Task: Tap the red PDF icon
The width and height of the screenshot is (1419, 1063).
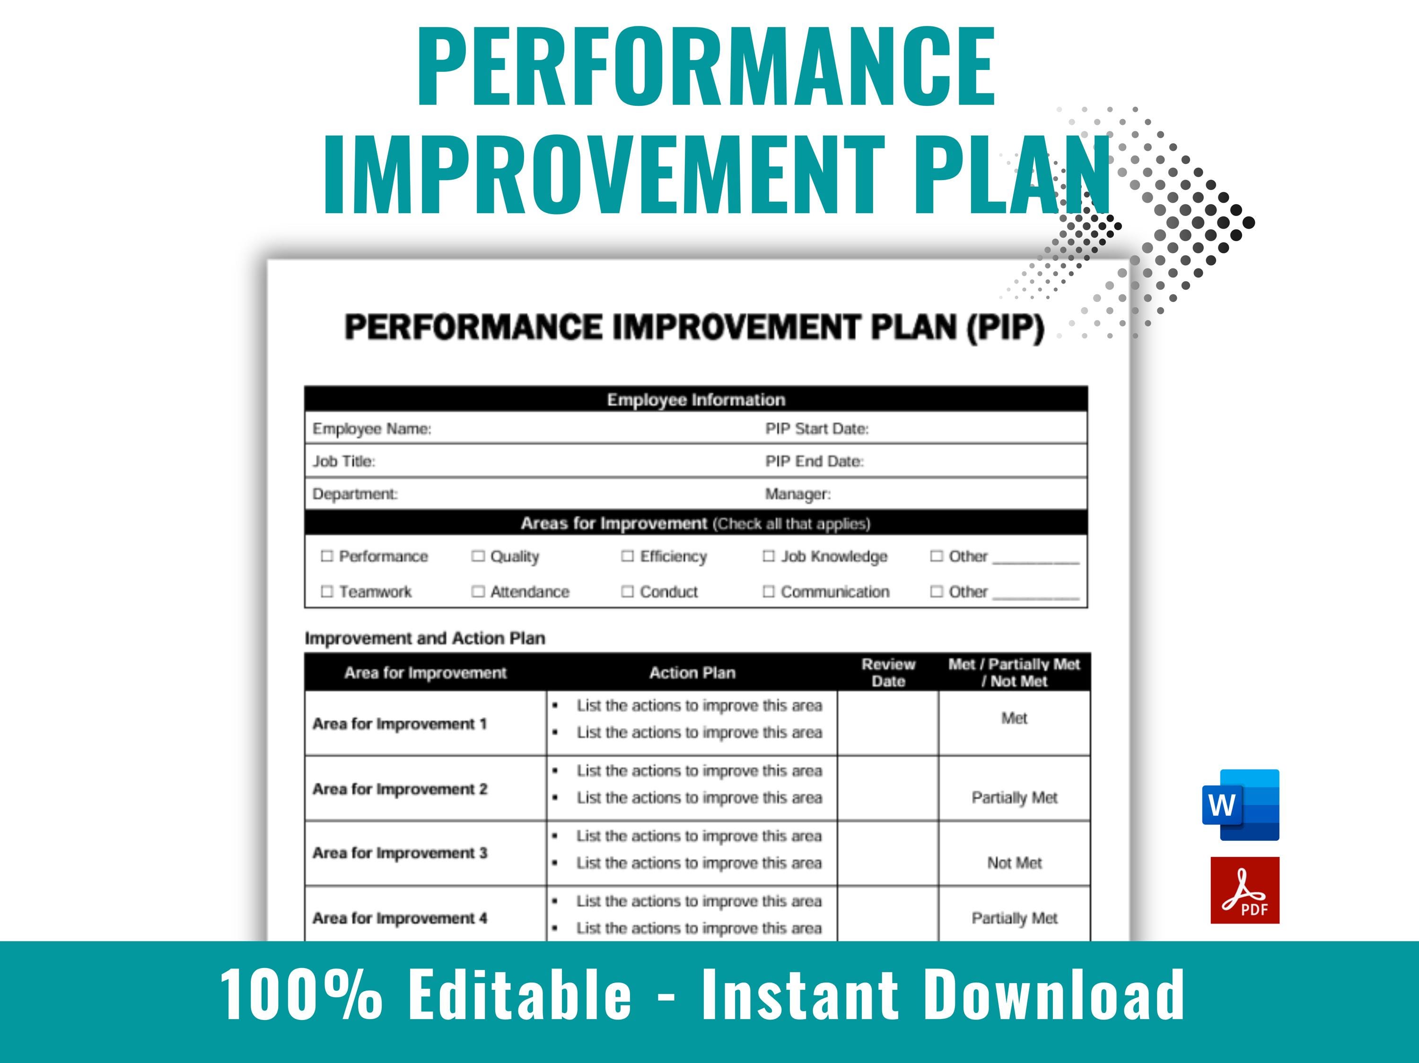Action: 1244,890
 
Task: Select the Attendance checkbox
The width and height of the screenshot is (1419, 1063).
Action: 478,591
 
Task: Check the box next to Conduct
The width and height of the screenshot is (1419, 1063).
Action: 627,591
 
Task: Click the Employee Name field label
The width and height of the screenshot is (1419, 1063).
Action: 371,428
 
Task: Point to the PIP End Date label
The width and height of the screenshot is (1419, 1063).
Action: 814,461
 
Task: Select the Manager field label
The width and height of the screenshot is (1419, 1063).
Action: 797,493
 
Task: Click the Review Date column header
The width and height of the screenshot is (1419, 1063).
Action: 888,673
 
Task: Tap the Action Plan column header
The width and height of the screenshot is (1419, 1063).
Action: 692,673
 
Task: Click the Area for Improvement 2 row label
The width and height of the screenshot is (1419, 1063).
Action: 400,788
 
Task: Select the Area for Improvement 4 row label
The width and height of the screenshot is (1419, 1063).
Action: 400,918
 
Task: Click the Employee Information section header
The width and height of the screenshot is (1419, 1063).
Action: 696,399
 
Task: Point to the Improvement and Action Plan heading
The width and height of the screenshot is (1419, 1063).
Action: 425,638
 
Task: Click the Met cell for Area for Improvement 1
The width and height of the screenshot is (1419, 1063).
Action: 1014,718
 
